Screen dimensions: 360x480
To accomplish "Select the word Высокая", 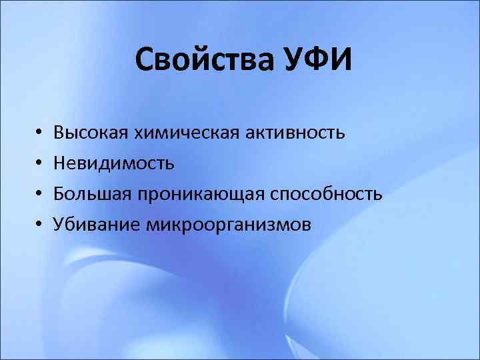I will tap(91, 133).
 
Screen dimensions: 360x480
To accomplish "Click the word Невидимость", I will tap(114, 163).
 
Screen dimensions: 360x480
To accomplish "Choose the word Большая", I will tap(93, 194).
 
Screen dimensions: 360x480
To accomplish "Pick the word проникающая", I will tap(201, 194).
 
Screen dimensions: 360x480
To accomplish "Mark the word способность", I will tap(326, 194).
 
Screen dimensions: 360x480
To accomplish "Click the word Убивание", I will tap(97, 225).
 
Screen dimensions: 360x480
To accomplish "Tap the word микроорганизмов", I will tap(227, 225).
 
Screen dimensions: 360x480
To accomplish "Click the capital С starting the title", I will tap(145, 62).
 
